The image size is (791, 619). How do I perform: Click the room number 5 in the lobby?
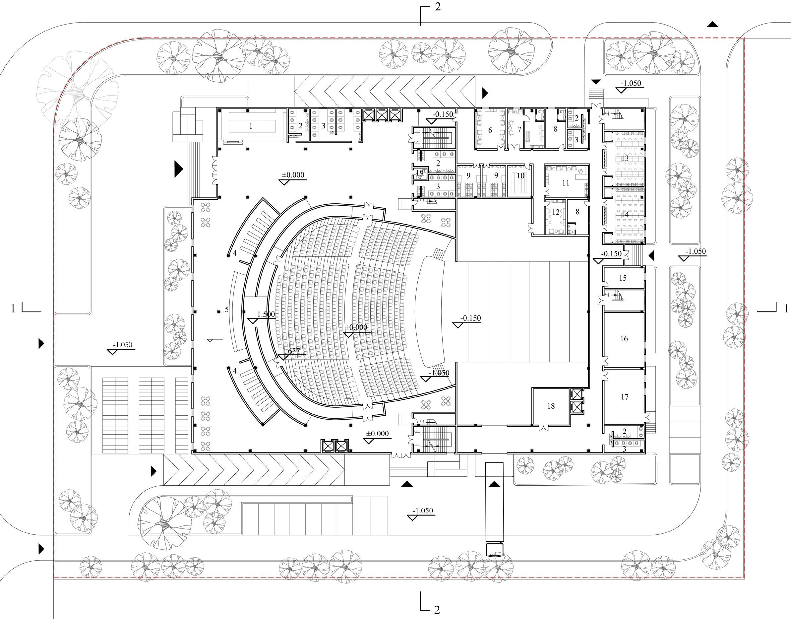tap(227, 309)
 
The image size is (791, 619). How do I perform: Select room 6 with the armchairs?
tap(490, 130)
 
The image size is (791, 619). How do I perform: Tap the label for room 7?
tap(519, 129)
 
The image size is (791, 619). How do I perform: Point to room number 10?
tap(521, 176)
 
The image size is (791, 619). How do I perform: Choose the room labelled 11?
tap(566, 183)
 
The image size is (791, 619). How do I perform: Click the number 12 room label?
tap(556, 212)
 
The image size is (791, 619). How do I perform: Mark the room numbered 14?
tap(625, 215)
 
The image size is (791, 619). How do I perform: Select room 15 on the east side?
tap(623, 278)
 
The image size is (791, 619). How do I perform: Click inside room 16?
tap(624, 338)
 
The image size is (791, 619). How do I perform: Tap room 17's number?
tap(624, 397)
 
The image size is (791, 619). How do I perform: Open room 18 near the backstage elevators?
tap(551, 406)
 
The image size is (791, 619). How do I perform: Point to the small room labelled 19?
tap(420, 172)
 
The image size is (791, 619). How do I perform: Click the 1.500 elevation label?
tap(266, 314)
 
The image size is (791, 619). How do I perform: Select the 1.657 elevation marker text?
tap(291, 351)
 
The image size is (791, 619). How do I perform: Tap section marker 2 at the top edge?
tap(438, 7)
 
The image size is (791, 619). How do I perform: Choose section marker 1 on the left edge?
tap(13, 309)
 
